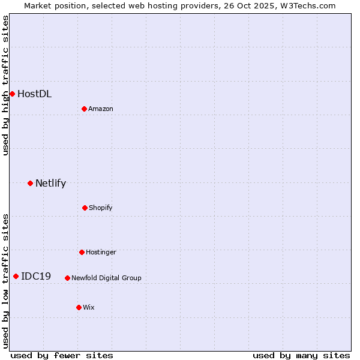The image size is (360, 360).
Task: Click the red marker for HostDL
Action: (12, 94)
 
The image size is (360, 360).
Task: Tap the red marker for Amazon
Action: (85, 109)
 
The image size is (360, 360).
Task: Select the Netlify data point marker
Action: (30, 183)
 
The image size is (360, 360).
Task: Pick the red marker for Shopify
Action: (85, 208)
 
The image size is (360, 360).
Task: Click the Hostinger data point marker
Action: (82, 252)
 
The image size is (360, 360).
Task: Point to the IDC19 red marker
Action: (16, 276)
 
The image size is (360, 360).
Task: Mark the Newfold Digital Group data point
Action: (67, 278)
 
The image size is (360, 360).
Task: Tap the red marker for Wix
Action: (79, 307)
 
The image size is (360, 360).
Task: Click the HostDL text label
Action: (34, 94)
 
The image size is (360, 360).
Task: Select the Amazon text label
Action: (101, 109)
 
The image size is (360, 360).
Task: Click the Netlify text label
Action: (50, 183)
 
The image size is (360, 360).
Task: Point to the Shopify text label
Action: (101, 208)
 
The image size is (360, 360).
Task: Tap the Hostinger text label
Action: (101, 252)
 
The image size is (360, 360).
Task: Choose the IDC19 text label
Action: (36, 276)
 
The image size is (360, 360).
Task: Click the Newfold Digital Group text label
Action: (106, 278)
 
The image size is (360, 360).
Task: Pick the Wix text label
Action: (89, 307)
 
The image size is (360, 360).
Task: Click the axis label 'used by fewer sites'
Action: (62, 355)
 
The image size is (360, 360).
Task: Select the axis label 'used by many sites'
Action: (301, 355)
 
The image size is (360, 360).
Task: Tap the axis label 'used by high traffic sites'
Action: (5, 85)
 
